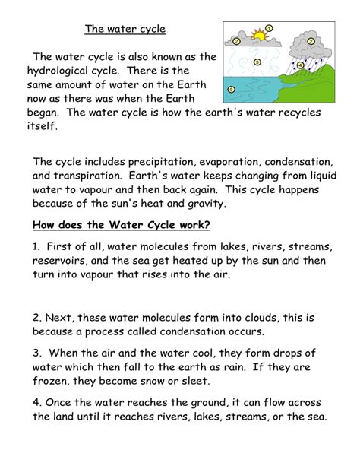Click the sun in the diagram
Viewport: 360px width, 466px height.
point(260,34)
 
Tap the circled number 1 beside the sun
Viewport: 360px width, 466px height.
point(270,28)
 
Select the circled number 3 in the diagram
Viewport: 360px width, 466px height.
point(257,62)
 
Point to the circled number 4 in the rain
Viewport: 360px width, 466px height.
point(301,65)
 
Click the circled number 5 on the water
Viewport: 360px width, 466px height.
point(231,89)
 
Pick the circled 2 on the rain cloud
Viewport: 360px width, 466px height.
point(309,40)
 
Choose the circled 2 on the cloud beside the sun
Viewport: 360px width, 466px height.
point(237,41)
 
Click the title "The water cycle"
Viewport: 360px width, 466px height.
point(125,30)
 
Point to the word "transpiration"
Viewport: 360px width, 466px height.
point(84,176)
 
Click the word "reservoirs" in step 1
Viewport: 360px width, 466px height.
point(58,261)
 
